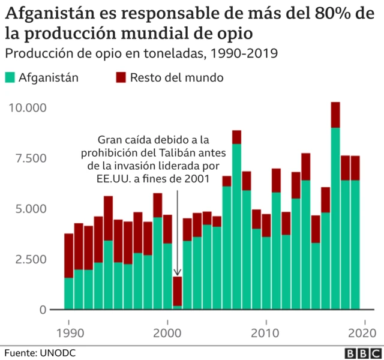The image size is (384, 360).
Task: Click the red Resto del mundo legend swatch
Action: click(120, 77)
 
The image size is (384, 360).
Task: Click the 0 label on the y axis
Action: click(43, 310)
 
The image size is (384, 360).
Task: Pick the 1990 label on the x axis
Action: click(70, 333)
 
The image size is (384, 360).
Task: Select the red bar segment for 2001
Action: click(178, 291)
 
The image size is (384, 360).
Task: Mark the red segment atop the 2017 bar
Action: click(335, 115)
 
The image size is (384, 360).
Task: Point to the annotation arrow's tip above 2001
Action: click(178, 275)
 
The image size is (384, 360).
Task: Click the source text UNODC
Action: click(59, 352)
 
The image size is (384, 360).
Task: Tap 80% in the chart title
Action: click(332, 13)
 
